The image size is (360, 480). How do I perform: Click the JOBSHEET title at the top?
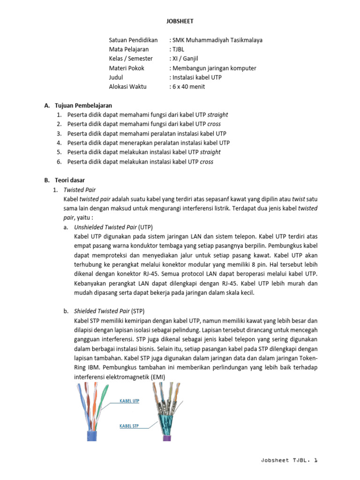180,21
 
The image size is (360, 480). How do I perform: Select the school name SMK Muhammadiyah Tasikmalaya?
217,40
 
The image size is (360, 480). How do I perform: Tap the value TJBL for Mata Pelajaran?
178,49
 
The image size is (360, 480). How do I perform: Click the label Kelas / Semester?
131,59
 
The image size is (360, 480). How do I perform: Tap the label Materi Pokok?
127,68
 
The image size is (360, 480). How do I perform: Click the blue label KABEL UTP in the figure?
130,401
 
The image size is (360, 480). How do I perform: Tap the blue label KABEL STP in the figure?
129,426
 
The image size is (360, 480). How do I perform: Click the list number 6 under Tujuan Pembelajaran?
59,162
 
